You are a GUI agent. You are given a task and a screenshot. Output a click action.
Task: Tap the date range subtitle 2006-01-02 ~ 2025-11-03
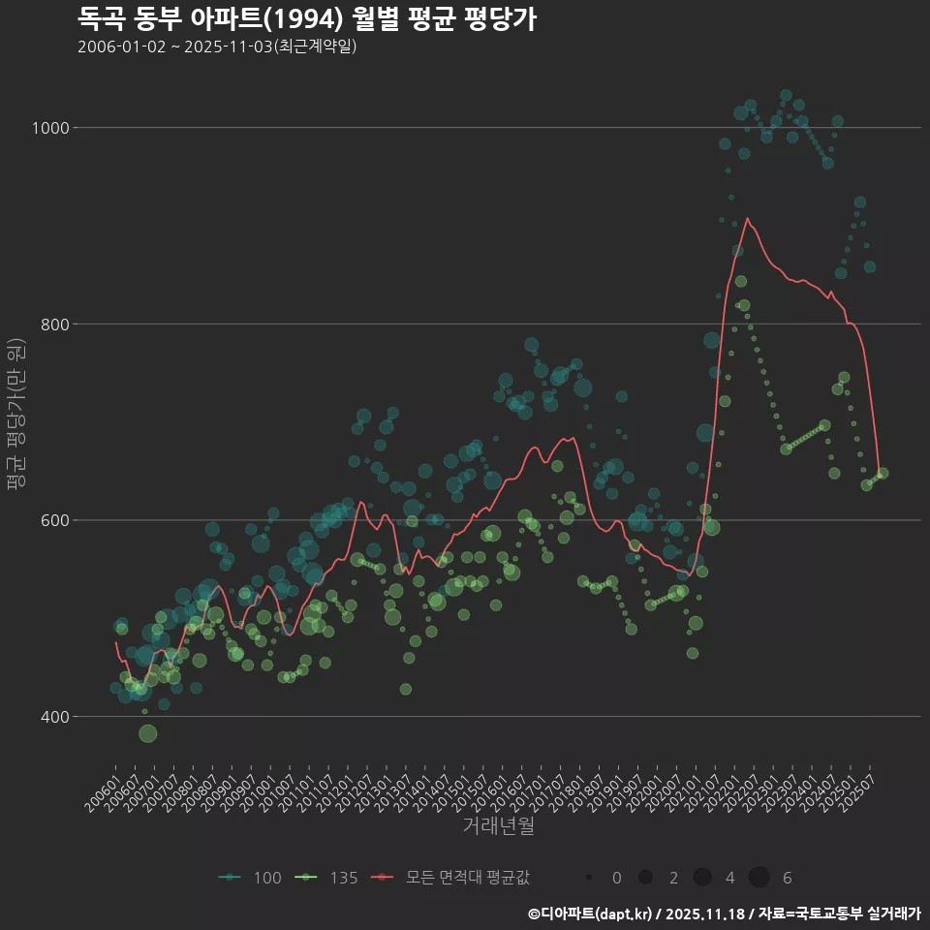pyautogui.click(x=217, y=46)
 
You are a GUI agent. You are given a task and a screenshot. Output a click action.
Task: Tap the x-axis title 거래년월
pyautogui.click(x=498, y=826)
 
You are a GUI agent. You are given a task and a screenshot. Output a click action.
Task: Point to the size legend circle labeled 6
pyautogui.click(x=759, y=878)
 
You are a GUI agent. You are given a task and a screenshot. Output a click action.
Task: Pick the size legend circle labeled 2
pyautogui.click(x=645, y=878)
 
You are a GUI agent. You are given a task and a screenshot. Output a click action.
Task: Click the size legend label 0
pyautogui.click(x=617, y=878)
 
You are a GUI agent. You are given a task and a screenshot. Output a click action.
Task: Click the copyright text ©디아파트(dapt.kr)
pyautogui.click(x=591, y=913)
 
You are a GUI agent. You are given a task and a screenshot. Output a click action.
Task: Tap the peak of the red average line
pyautogui.click(x=746, y=219)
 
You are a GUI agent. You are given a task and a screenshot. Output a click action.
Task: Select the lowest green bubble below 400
pyautogui.click(x=147, y=733)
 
